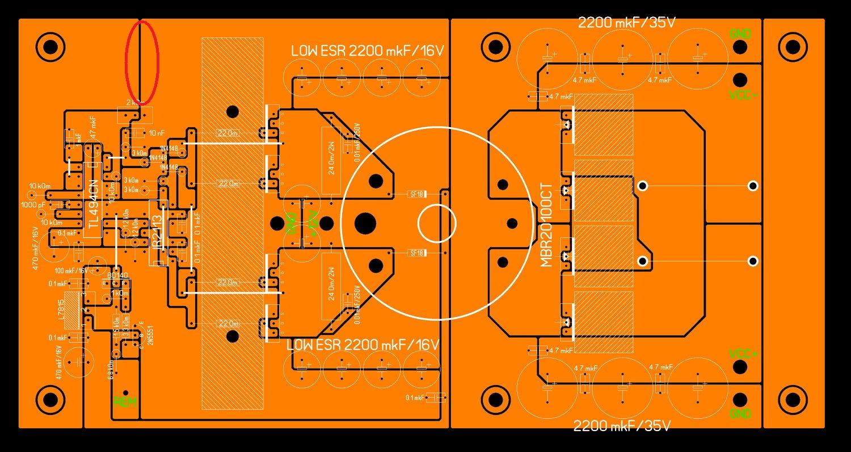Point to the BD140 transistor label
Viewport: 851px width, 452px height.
pos(118,275)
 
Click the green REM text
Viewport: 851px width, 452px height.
pos(125,402)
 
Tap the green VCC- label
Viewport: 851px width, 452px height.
pos(742,95)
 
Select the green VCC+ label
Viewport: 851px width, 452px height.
pos(742,354)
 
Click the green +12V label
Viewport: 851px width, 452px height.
pos(311,222)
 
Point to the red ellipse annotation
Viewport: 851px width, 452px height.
pos(141,61)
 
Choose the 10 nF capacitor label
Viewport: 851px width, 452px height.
pos(156,133)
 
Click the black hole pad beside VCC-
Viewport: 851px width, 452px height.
pos(739,79)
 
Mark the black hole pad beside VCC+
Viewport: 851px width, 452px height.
pos(739,367)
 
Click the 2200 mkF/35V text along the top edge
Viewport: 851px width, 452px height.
pos(625,23)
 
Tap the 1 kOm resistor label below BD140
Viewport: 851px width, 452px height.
pos(120,293)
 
